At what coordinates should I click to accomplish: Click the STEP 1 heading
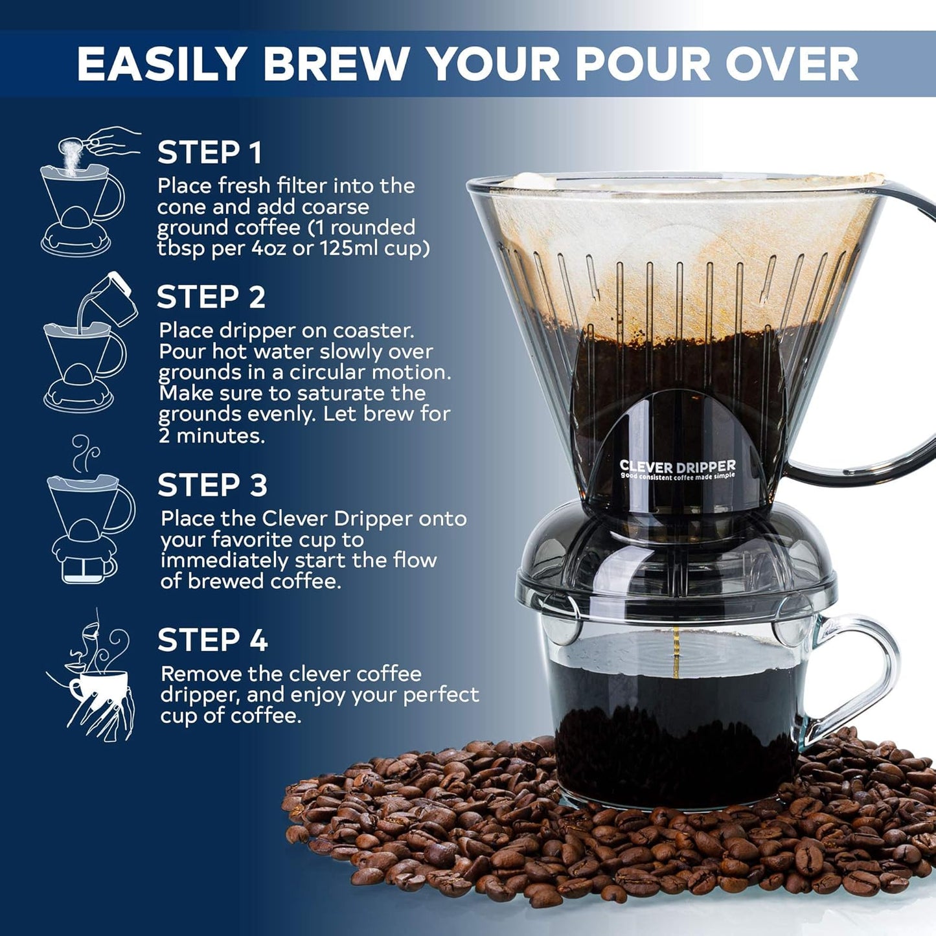pyautogui.click(x=210, y=153)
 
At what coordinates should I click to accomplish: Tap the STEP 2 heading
pyautogui.click(x=211, y=297)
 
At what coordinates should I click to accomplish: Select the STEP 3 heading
pyautogui.click(x=212, y=485)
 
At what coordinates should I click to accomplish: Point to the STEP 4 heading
pyautogui.click(x=212, y=641)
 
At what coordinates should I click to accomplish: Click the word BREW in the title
pyautogui.click(x=335, y=64)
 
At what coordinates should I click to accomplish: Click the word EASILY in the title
pyautogui.click(x=161, y=64)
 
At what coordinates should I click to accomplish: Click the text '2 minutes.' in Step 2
pyautogui.click(x=212, y=436)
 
